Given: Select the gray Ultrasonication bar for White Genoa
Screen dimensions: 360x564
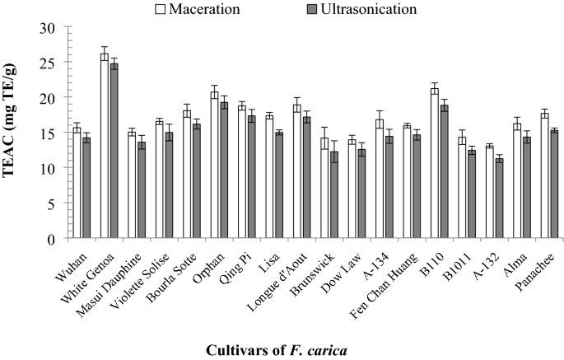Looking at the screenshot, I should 114,152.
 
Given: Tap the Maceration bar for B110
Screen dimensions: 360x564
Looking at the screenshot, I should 434,164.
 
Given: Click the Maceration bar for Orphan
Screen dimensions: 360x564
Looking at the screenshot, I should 214,166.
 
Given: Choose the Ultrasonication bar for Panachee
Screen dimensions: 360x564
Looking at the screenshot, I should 553,185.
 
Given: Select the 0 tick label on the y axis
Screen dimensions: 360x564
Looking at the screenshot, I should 50,239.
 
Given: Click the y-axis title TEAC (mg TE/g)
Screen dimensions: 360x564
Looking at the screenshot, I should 14,132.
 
